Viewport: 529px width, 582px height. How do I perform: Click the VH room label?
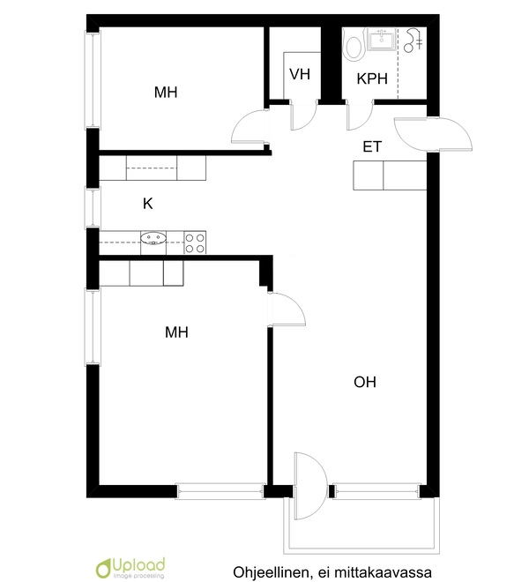tap(300, 74)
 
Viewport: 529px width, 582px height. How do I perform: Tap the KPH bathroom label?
tap(372, 78)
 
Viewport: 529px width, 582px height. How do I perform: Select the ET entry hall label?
tap(372, 146)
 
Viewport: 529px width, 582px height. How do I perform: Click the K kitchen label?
tap(148, 204)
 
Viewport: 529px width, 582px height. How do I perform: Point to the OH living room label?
tap(365, 382)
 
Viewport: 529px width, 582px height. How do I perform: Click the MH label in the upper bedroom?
tap(166, 92)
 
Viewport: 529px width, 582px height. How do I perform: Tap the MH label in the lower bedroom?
tap(176, 332)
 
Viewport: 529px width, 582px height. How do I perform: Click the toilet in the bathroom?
tap(353, 45)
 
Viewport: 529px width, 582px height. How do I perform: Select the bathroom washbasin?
tap(381, 40)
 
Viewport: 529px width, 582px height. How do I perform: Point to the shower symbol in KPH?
tap(413, 40)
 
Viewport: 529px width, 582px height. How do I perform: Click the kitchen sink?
tap(153, 237)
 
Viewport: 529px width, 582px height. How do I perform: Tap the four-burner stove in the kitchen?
tap(195, 242)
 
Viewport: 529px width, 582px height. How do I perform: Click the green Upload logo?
tap(130, 568)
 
